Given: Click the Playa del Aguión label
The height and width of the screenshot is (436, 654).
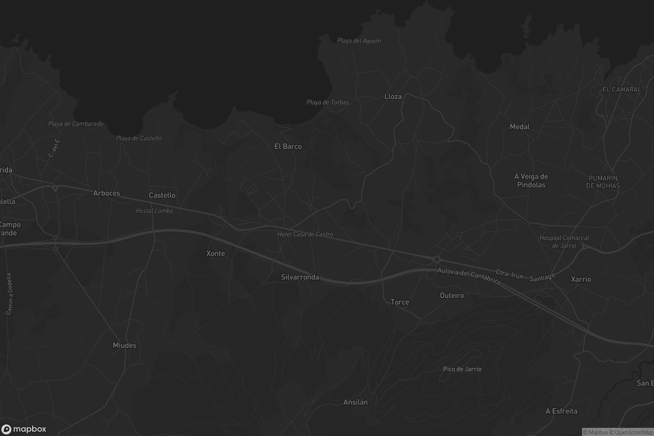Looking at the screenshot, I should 359,41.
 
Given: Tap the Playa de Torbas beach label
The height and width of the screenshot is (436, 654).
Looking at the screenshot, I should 328,102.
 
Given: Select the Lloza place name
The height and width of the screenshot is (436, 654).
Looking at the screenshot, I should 393,96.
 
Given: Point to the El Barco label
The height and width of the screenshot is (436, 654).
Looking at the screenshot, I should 288,147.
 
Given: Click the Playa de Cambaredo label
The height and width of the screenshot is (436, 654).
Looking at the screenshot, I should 76,124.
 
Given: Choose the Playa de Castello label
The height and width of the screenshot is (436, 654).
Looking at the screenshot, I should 138,138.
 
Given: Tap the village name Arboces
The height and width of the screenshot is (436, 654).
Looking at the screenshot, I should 107,193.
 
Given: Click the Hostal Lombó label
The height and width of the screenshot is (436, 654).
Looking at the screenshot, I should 154,211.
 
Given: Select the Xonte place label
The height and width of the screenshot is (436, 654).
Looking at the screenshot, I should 216,253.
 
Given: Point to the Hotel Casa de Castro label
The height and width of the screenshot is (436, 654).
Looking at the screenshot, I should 305,234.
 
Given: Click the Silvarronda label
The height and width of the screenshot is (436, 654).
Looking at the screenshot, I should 300,277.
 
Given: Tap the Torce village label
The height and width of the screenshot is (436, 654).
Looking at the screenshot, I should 399,302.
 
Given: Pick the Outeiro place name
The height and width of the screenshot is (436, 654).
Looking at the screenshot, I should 452,295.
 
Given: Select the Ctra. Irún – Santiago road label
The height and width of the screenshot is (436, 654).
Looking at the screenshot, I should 525,275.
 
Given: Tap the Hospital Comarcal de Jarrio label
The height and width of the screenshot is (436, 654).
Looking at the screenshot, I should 564,242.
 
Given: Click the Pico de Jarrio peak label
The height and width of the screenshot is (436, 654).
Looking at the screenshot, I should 462,369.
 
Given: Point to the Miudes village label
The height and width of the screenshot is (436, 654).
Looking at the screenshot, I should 124,345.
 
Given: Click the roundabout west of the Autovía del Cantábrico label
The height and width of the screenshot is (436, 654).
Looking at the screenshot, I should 437,259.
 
